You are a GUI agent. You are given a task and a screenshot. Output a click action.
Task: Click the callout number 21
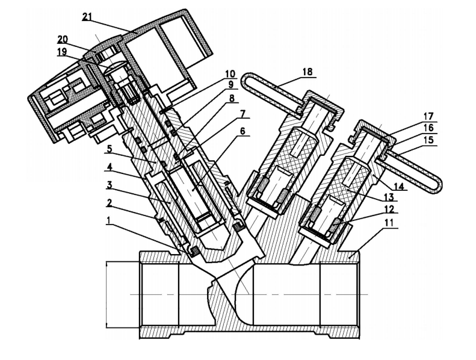click(87, 17)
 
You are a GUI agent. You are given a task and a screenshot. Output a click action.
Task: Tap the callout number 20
click(63, 40)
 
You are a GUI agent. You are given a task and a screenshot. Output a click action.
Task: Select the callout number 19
click(62, 52)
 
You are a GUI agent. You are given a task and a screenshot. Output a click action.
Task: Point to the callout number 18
click(307, 72)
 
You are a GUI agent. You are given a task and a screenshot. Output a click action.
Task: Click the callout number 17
click(428, 116)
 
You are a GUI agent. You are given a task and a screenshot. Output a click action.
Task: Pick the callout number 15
click(428, 140)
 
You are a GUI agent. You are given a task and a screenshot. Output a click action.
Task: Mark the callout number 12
click(389, 209)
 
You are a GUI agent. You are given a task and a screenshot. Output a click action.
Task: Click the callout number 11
click(389, 222)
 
